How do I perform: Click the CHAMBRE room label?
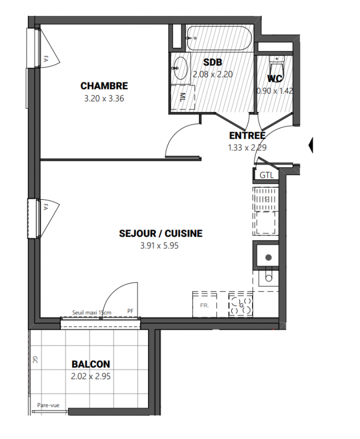coord(104,86)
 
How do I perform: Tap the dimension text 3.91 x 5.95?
coord(159,245)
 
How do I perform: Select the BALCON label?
coord(91,364)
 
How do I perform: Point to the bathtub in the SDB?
coord(219,38)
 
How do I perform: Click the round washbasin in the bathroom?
coord(180,68)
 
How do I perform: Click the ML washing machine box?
coord(183,97)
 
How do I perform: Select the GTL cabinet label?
coord(266,175)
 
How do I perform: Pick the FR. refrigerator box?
coord(204,305)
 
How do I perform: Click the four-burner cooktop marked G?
coord(241,305)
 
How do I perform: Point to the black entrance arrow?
coord(311,145)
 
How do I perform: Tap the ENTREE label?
coord(247,136)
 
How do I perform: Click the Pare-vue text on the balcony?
coord(48,405)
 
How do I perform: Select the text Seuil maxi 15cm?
coord(92,312)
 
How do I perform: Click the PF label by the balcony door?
coord(130,311)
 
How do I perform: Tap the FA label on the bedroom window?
coord(46,59)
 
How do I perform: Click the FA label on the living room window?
coord(46,207)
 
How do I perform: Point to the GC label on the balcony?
coord(35,359)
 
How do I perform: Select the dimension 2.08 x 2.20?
coord(213,75)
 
